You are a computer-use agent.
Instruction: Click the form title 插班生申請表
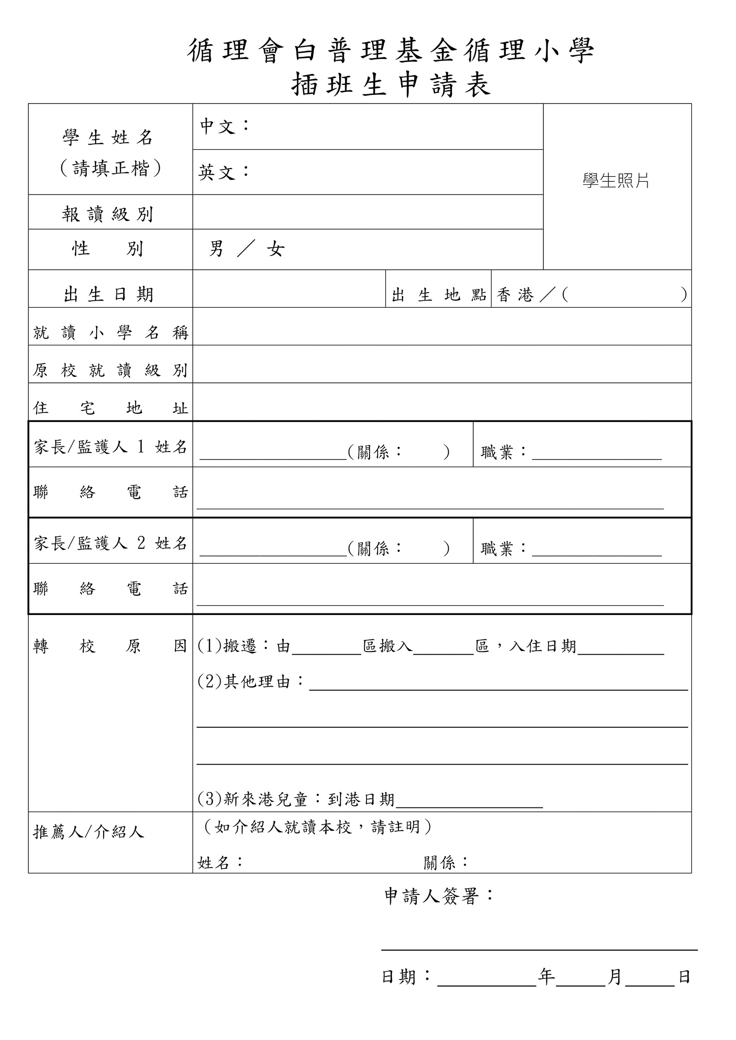[391, 85]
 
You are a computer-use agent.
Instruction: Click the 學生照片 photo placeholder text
[616, 181]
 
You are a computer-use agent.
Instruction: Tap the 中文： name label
[224, 126]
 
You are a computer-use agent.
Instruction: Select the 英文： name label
[224, 172]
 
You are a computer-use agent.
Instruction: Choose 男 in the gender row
[217, 249]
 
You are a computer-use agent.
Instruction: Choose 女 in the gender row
[275, 249]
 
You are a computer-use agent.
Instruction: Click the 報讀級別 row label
[108, 214]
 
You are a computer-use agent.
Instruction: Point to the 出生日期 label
[108, 295]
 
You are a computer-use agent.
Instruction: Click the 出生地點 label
[438, 295]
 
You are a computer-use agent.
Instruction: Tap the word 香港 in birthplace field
[515, 295]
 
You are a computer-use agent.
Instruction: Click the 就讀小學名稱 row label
[110, 333]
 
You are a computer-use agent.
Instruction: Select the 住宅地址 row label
[110, 408]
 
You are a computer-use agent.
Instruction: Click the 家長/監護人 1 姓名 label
[110, 447]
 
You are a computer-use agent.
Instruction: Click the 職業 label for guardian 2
[504, 548]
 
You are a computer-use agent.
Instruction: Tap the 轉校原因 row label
[110, 646]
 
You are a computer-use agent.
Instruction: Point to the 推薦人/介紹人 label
[89, 832]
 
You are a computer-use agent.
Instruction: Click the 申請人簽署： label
[439, 896]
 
